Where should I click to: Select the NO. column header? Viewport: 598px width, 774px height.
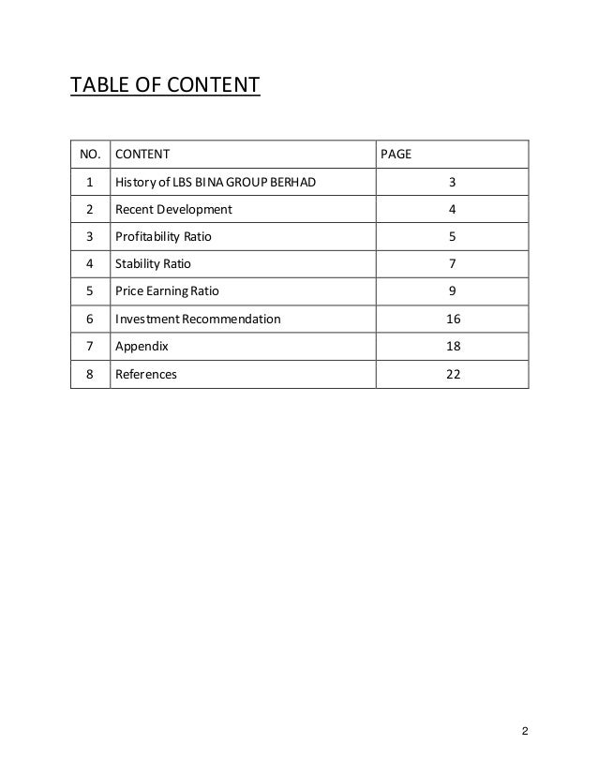[x=89, y=152]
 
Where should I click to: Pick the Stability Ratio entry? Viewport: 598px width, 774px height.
[x=152, y=263]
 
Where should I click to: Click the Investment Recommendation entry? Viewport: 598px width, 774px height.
[x=197, y=320]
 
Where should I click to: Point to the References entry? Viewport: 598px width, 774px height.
[x=145, y=375]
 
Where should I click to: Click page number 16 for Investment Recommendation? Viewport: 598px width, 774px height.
[x=453, y=320]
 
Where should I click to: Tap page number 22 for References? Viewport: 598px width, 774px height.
[x=453, y=375]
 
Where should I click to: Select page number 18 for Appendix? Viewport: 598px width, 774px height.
[x=453, y=347]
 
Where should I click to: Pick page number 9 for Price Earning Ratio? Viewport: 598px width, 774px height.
[x=453, y=291]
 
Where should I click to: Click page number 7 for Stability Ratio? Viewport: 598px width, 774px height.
[x=453, y=263]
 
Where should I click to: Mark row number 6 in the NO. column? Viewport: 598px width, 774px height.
[x=89, y=320]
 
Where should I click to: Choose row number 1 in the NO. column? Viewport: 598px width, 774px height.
[x=89, y=180]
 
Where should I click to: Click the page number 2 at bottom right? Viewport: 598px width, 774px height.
[x=526, y=731]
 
